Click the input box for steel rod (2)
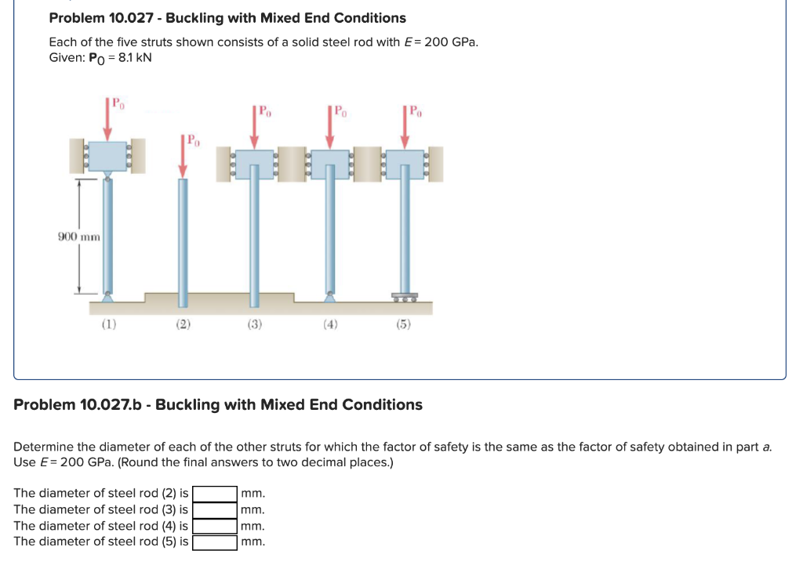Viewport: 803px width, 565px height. coord(216,494)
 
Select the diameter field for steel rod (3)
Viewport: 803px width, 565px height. coord(216,510)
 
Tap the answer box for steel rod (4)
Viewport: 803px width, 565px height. coord(216,527)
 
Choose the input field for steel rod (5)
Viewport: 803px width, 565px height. coord(216,542)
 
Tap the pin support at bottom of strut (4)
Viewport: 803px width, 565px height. coord(330,297)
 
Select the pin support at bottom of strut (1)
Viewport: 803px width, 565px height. coord(107,297)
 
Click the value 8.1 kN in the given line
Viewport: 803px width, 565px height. coord(132,58)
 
